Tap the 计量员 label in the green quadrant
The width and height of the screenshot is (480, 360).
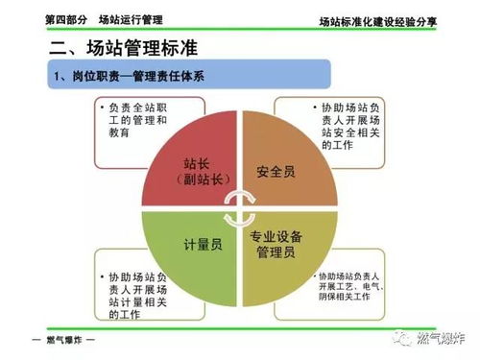(x=203, y=245)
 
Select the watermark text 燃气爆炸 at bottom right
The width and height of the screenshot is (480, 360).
(x=438, y=337)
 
